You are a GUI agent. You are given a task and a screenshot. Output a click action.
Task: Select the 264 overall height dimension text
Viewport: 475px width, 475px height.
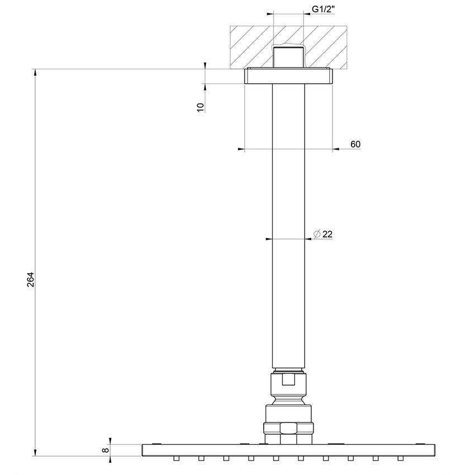(x=31, y=279)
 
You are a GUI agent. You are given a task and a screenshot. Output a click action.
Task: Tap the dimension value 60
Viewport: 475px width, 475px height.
(x=355, y=145)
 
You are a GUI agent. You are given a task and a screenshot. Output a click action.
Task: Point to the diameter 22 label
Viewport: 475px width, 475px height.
(x=324, y=234)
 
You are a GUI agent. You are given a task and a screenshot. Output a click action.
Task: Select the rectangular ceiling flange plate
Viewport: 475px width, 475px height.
(x=288, y=76)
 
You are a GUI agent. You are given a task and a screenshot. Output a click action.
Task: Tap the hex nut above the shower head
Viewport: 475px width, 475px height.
(x=288, y=429)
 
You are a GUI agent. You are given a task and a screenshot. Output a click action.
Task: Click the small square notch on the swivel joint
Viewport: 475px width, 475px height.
(x=288, y=380)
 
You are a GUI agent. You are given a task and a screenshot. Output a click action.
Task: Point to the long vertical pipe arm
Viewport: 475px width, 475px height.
(x=288, y=224)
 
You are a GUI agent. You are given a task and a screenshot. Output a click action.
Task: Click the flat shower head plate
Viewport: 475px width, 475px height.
(x=288, y=450)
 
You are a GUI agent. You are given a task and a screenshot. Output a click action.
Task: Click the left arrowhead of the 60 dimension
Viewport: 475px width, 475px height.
(x=241, y=149)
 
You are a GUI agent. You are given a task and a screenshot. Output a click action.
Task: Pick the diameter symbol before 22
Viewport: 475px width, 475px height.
(x=316, y=234)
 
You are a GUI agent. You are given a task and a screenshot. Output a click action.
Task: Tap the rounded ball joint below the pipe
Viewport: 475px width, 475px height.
(x=288, y=400)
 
